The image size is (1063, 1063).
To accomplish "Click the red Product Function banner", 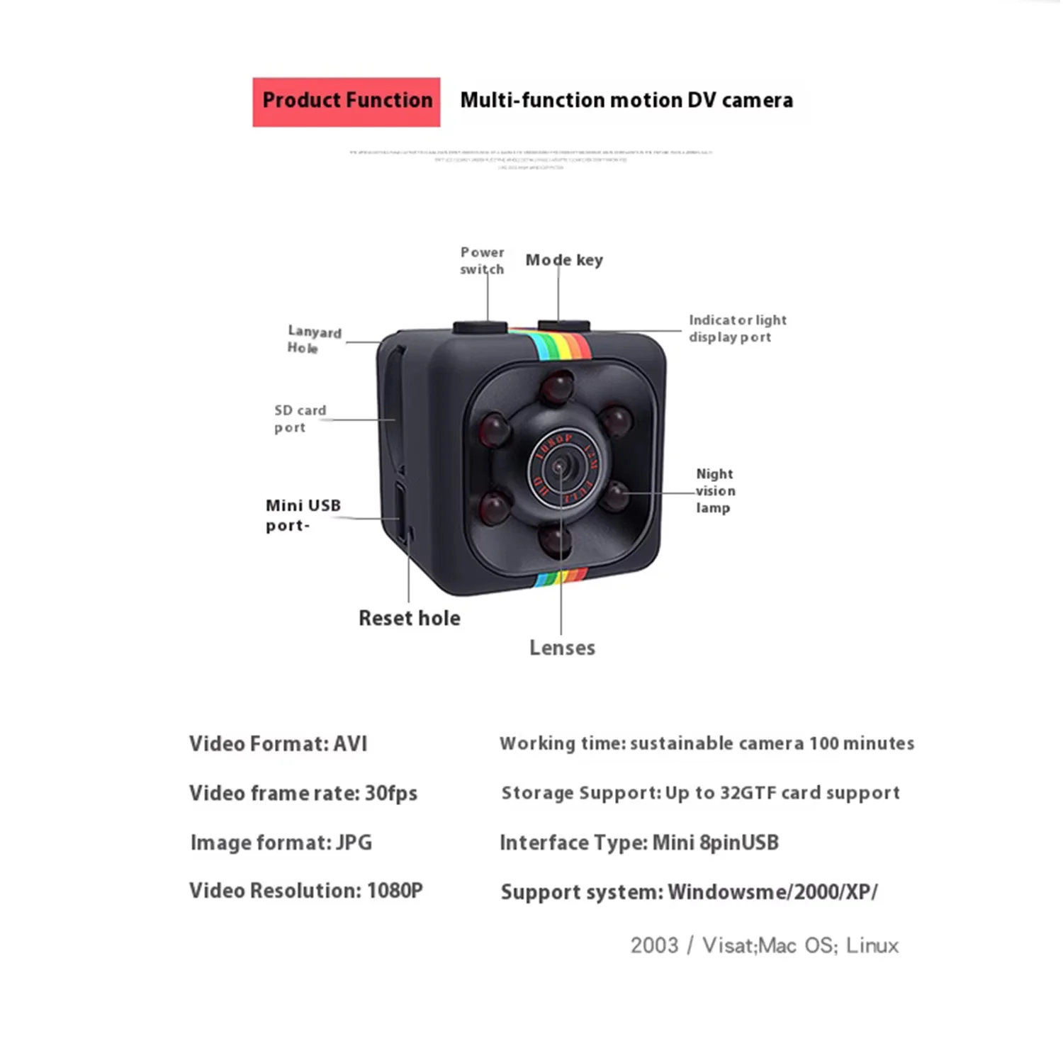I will [x=347, y=102].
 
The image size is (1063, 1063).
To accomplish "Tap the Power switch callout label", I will [x=482, y=260].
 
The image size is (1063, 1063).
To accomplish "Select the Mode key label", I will [x=564, y=260].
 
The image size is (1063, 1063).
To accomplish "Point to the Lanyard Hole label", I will [x=314, y=339].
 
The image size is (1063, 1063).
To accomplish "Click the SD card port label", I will [x=300, y=419].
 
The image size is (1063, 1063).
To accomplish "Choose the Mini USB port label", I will [x=303, y=515].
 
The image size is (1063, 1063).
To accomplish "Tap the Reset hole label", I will [x=409, y=618].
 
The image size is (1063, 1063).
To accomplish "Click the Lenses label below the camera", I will [x=562, y=648].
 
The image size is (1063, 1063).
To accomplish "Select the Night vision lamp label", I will [x=714, y=490].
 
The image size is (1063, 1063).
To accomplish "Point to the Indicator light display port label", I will [x=737, y=329].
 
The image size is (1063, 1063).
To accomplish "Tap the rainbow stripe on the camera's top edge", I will [x=560, y=346].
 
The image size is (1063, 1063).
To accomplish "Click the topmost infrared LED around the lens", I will [x=558, y=386].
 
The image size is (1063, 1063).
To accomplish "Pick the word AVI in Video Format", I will [x=350, y=744].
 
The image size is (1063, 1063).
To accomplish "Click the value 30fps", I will [x=390, y=793].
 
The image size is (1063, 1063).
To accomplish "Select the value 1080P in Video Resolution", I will [x=394, y=891].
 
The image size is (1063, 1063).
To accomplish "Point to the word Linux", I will [x=872, y=945].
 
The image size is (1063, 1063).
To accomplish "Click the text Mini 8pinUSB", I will [x=715, y=843].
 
